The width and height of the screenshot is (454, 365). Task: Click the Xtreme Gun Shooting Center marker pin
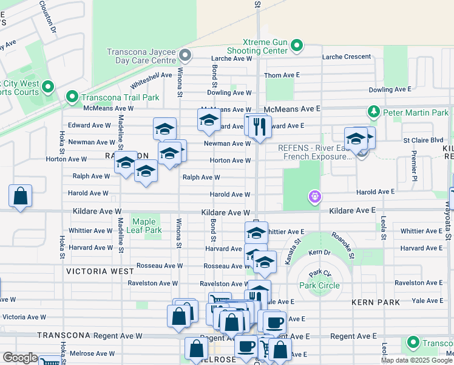coord(297,46)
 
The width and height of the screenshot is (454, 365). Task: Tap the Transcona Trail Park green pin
coord(72,97)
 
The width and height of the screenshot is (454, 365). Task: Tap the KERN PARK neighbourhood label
coord(375,302)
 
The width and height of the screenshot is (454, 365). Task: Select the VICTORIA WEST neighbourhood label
coord(100,271)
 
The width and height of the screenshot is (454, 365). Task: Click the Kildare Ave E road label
coord(353,210)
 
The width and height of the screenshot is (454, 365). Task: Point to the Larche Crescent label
coord(347,57)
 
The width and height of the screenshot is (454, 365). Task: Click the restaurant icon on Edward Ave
coord(260,127)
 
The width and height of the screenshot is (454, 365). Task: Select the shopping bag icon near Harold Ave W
coord(21,196)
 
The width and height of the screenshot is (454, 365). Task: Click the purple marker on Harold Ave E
coord(314,196)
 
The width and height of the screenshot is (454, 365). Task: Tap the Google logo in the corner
coord(20,358)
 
